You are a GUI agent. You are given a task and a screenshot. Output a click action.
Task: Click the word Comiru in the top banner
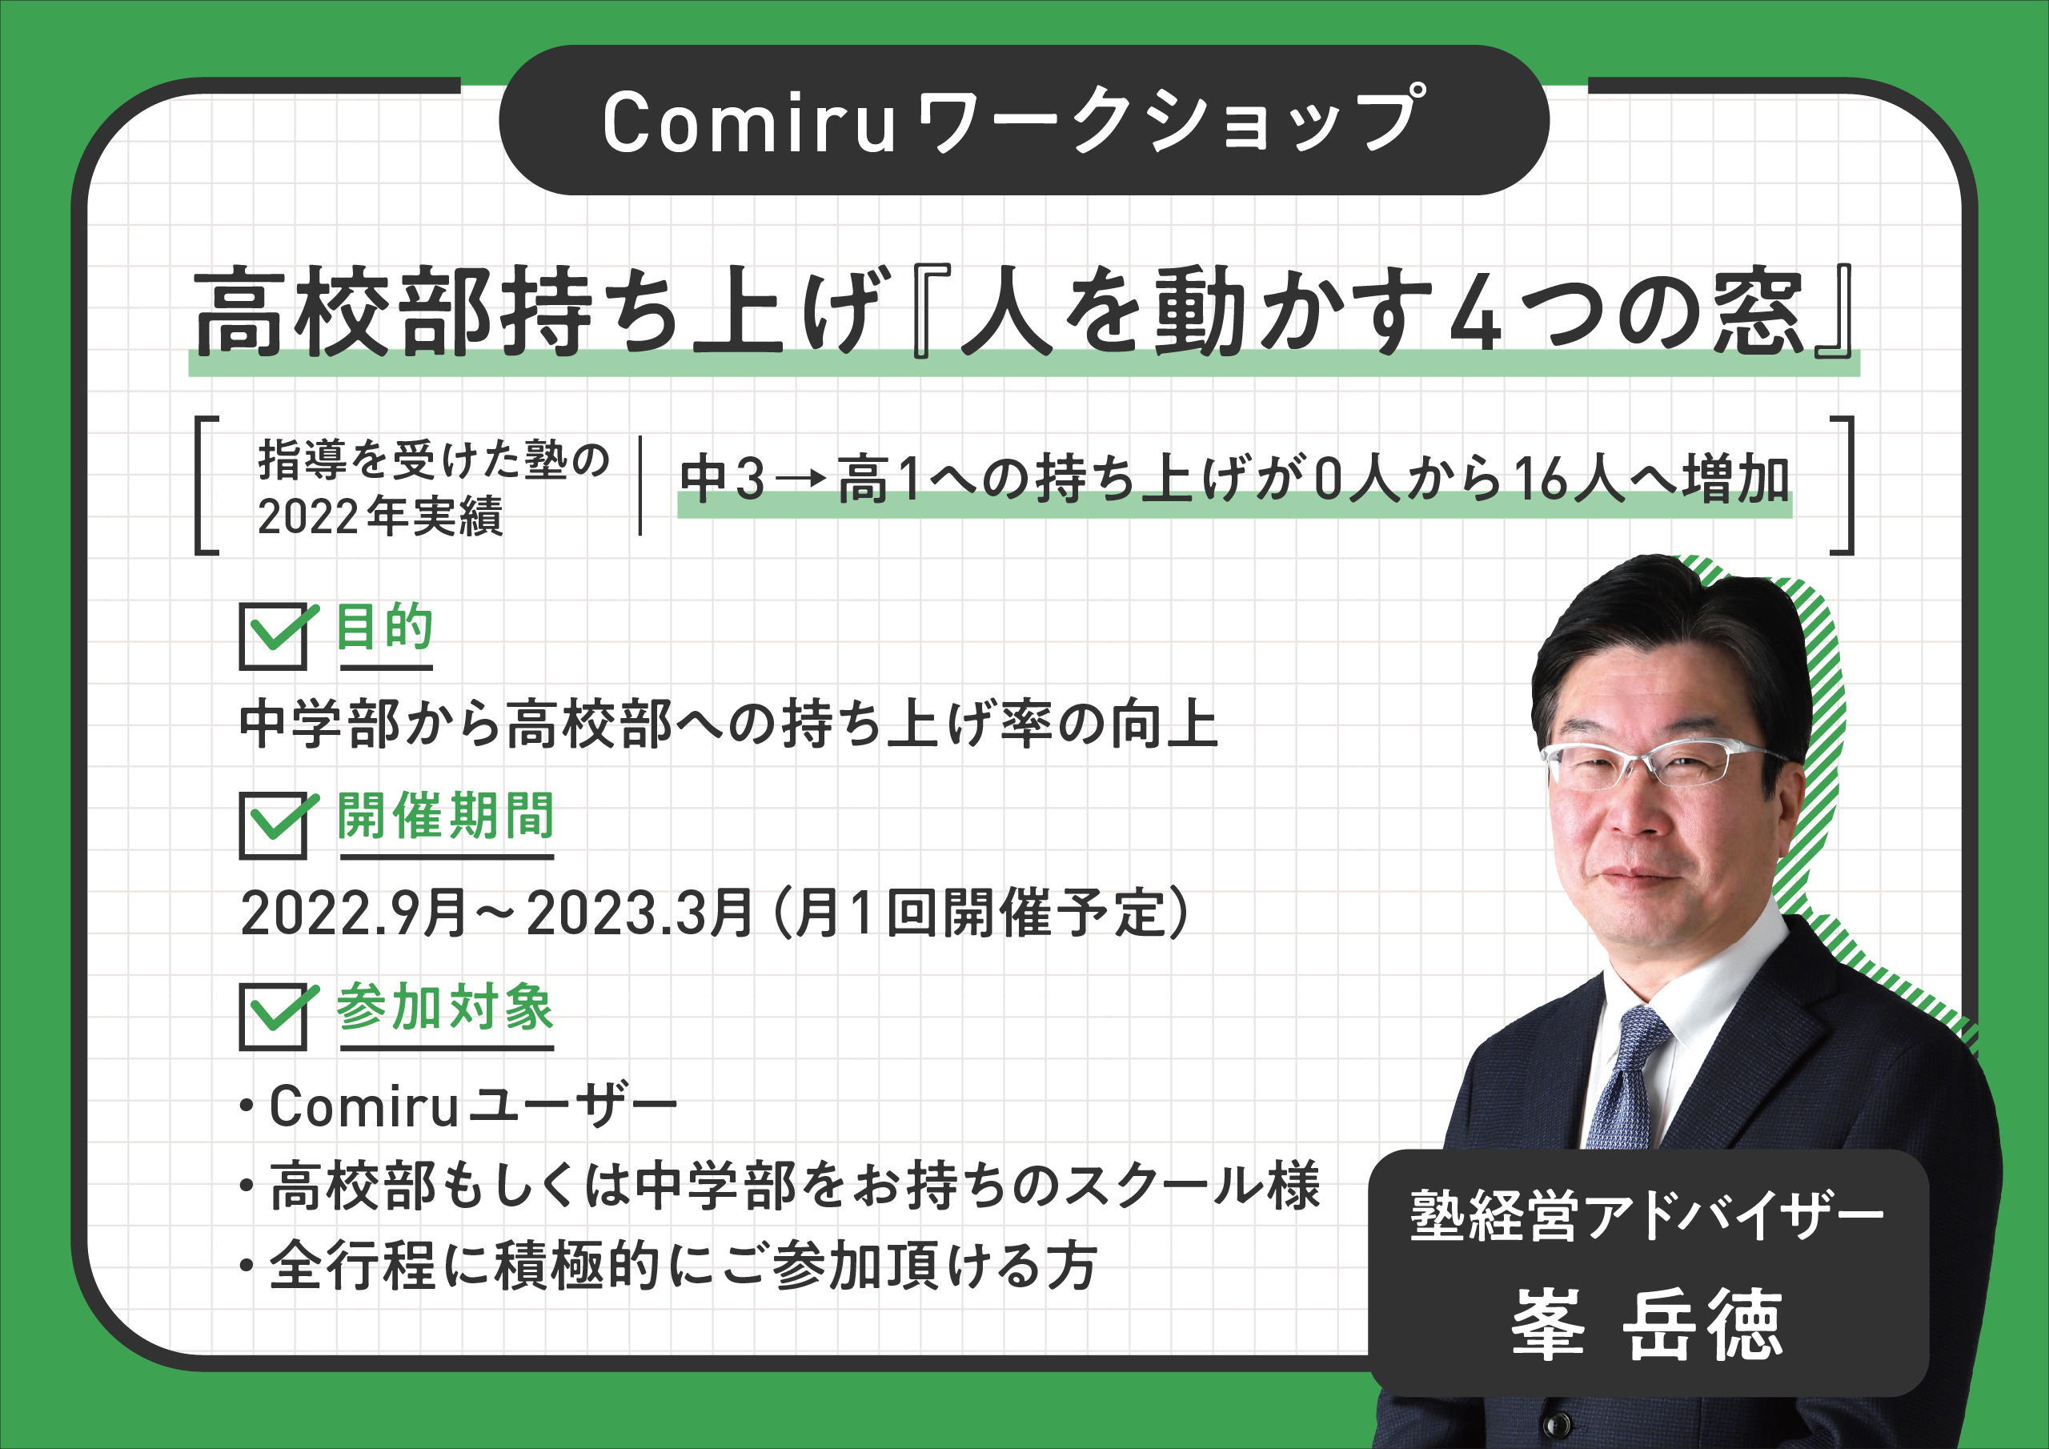(x=748, y=123)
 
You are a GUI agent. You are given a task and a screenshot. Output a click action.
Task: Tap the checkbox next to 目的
(x=275, y=636)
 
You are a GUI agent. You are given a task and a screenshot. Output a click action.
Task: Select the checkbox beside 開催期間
(x=275, y=825)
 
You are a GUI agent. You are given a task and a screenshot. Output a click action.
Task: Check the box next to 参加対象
(x=275, y=1016)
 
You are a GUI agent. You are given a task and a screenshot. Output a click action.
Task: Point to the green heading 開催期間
(x=446, y=816)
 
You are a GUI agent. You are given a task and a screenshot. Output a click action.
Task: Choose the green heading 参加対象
(x=445, y=1007)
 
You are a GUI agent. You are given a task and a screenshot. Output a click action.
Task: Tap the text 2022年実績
(x=380, y=516)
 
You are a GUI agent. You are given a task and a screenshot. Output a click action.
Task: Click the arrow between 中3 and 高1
(x=802, y=480)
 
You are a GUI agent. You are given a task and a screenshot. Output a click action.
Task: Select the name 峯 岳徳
(x=1647, y=1325)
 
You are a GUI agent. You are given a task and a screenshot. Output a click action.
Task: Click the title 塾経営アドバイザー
(x=1646, y=1215)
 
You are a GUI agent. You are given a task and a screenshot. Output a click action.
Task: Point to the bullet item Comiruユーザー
(x=460, y=1107)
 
